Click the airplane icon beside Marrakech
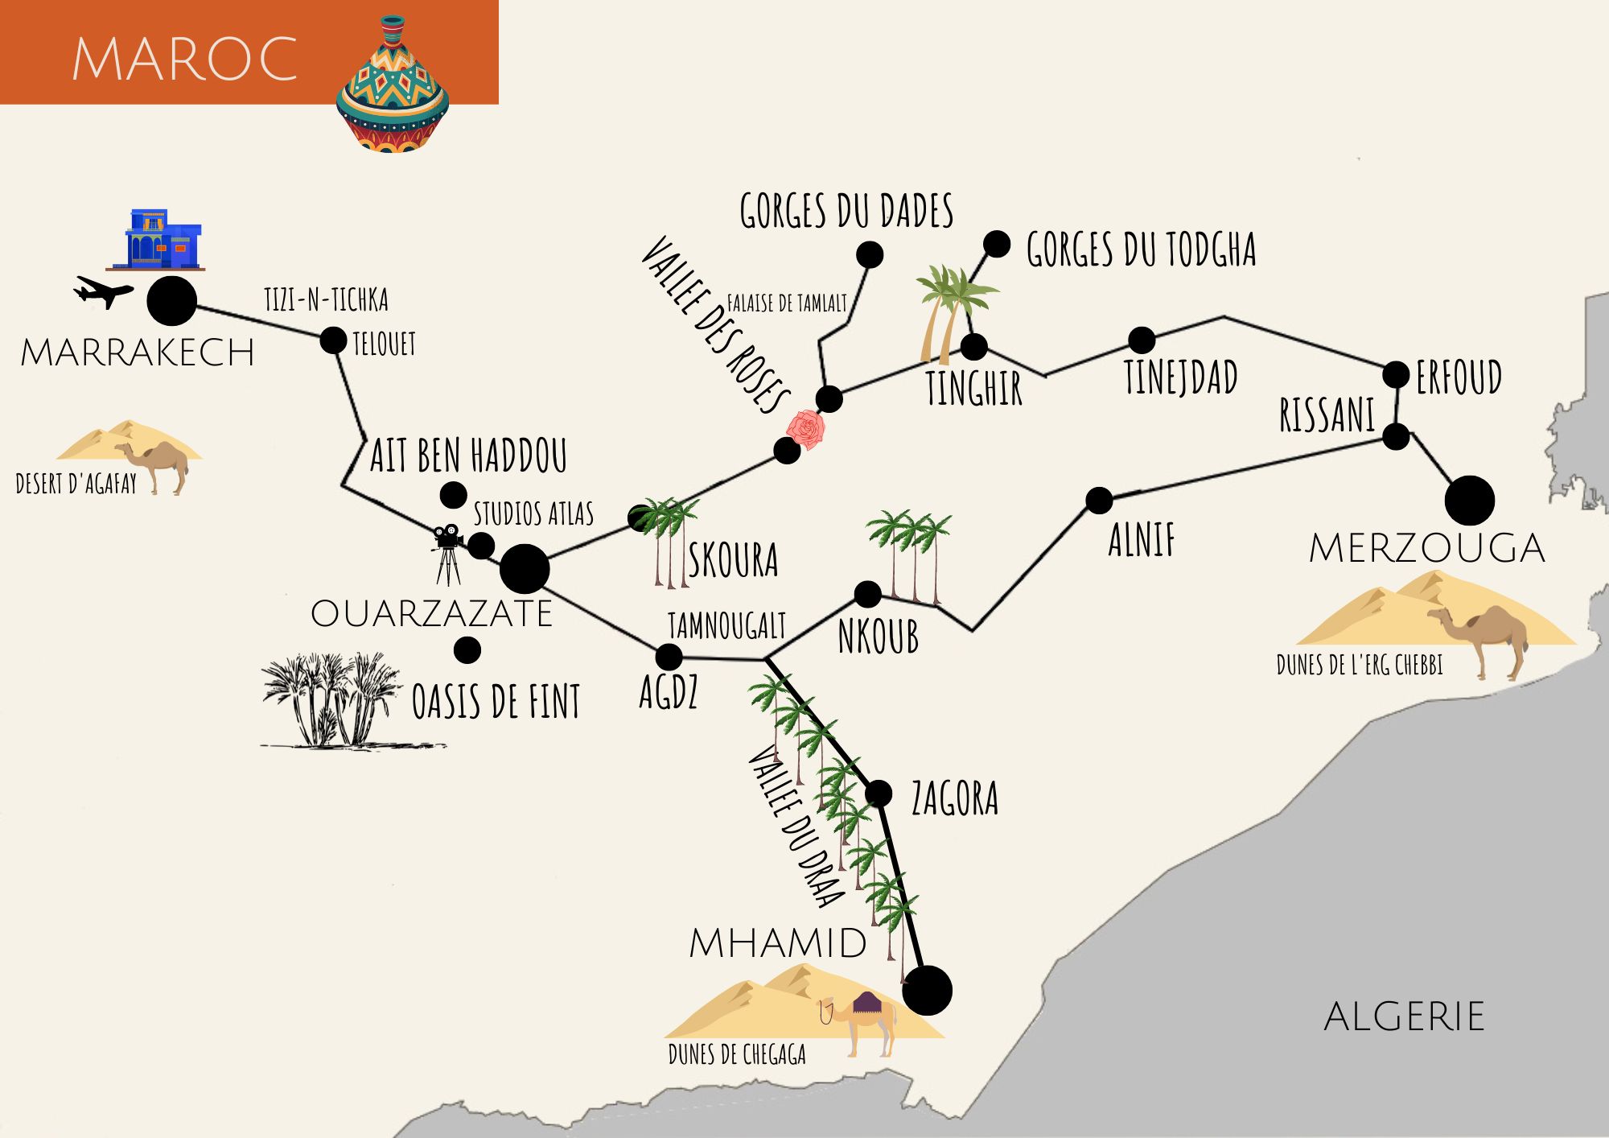[103, 291]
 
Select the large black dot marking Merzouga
[1469, 501]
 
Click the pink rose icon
[806, 429]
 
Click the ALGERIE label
[1404, 1016]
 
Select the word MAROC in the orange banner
[185, 59]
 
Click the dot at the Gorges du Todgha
[997, 244]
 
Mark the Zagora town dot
[879, 794]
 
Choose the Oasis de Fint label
[496, 702]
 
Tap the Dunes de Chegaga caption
[737, 1054]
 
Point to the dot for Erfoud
[1396, 374]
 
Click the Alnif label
[1141, 540]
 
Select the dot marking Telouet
[333, 340]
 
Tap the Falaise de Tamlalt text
[786, 303]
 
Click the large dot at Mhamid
[927, 990]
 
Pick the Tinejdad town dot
[1141, 340]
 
